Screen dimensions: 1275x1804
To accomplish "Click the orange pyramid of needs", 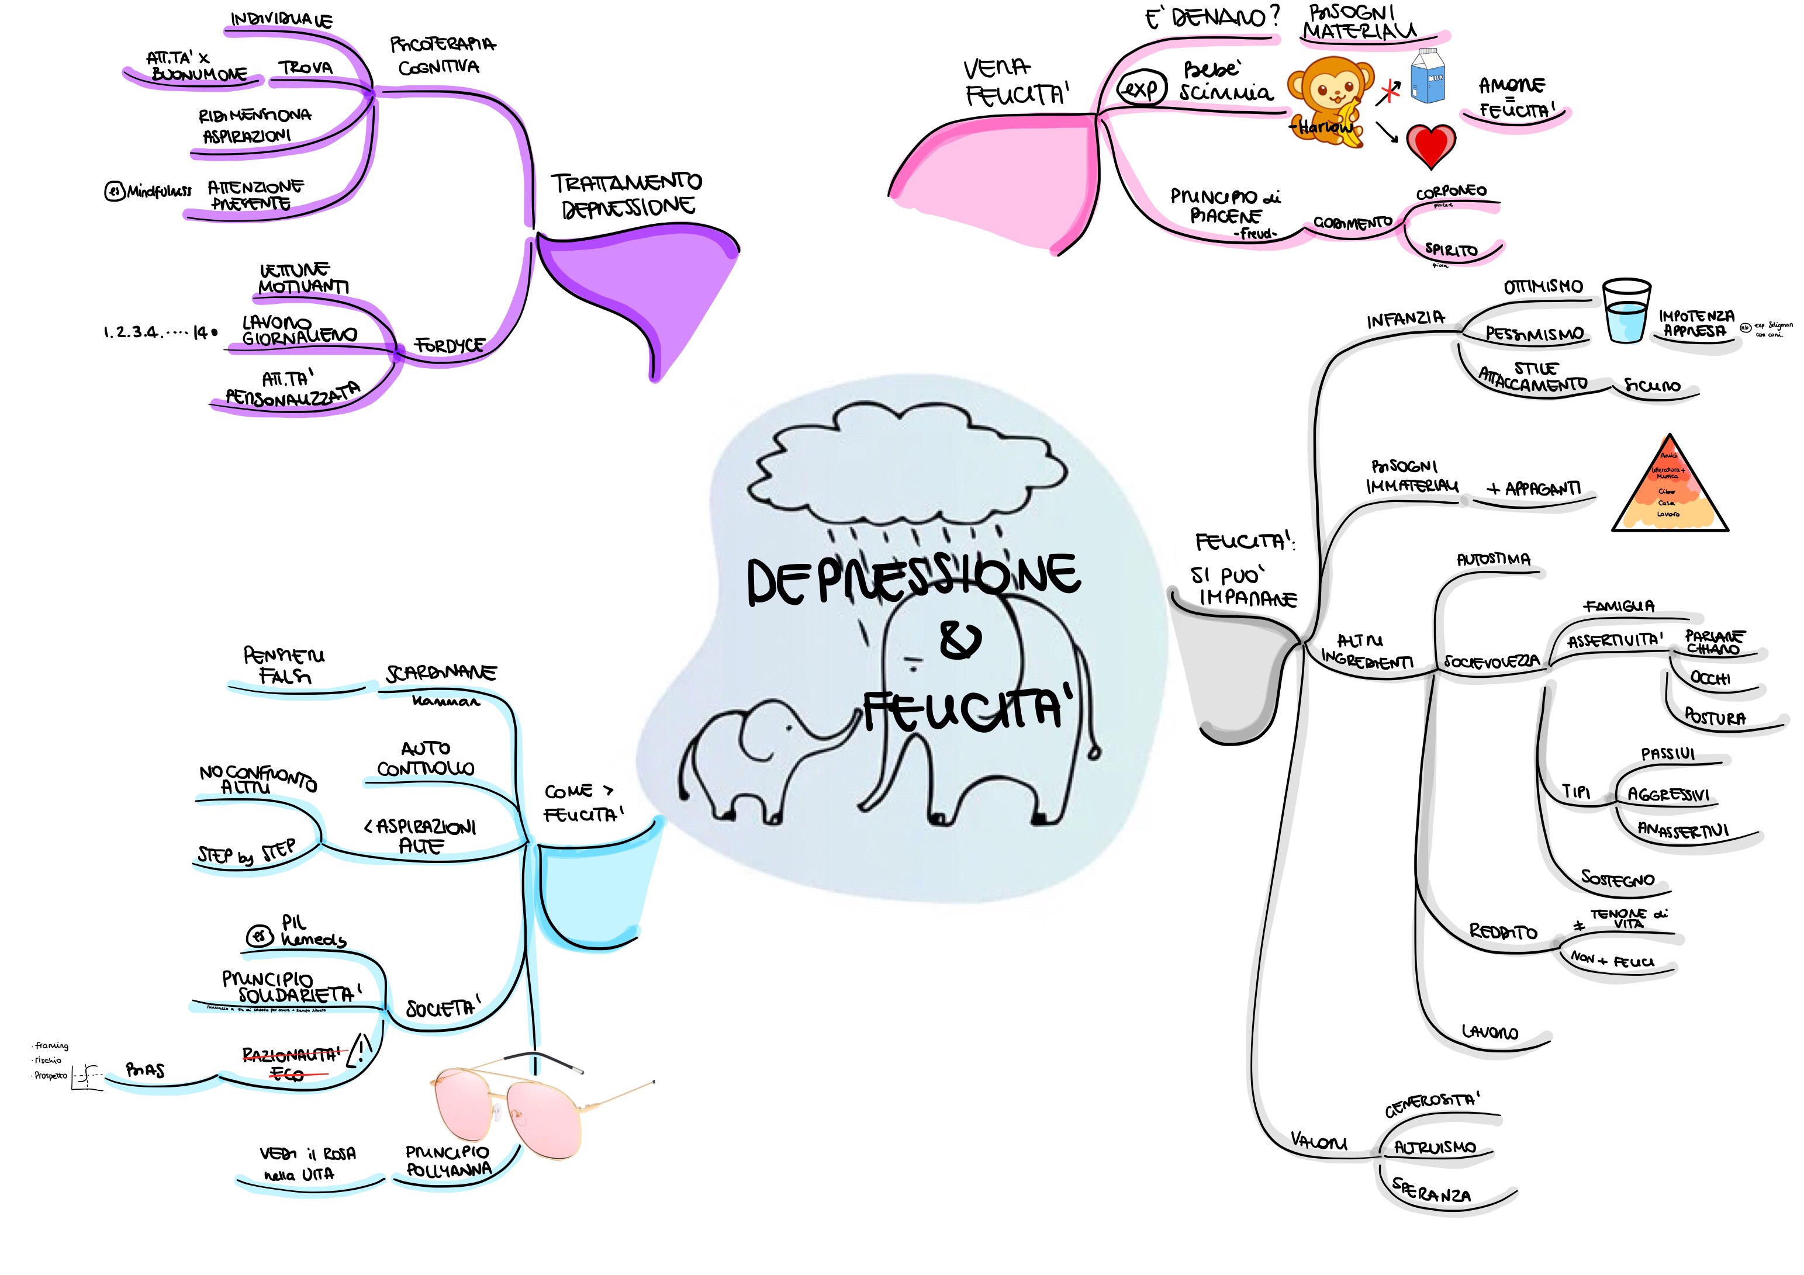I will (1669, 487).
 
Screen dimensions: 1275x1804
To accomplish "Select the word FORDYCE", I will (450, 346).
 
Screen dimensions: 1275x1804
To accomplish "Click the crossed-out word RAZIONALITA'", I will (290, 1054).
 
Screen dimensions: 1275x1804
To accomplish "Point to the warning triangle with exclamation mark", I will (360, 1049).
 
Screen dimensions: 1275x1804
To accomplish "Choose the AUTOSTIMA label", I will (1493, 559).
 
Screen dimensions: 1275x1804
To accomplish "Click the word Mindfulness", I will (159, 191).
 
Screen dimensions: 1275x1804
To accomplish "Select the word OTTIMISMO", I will (1542, 287).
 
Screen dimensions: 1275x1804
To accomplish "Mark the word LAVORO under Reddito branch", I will (1489, 1031).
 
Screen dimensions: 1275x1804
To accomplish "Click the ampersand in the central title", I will (959, 640).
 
